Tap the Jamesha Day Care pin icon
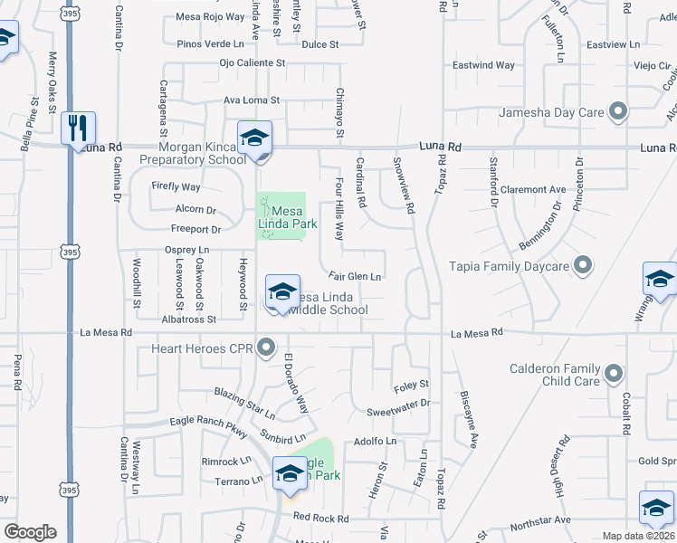619,112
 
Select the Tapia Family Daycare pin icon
584,266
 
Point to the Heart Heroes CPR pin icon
265,347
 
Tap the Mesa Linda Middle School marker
282,293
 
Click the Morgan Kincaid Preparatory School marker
254,139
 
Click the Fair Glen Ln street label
354,277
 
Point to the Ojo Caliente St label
252,63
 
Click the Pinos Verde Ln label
211,43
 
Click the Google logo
30,532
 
